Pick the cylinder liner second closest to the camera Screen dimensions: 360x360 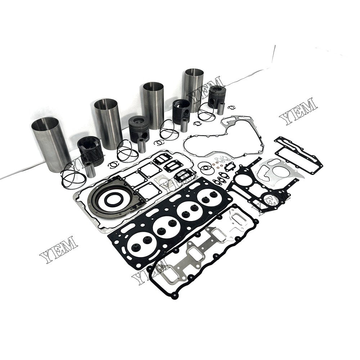tap(108, 123)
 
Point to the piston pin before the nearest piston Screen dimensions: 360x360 tap(90, 170)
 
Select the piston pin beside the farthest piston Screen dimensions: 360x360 tap(221, 108)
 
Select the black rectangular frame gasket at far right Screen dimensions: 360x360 tap(299, 155)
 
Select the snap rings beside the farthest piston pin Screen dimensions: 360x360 tap(231, 107)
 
